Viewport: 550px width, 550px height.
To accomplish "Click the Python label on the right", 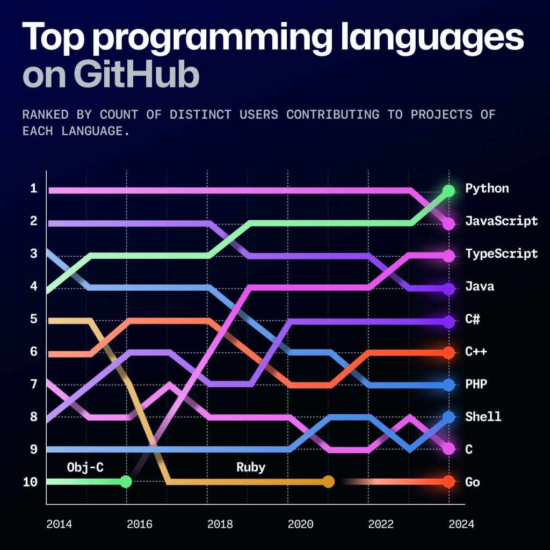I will pyautogui.click(x=487, y=189).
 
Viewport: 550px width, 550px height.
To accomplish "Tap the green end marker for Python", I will pyautogui.click(x=448, y=191).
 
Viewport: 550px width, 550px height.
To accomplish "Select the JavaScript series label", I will pyautogui.click(x=501, y=221).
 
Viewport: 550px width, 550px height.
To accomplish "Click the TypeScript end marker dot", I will pyautogui.click(x=448, y=256).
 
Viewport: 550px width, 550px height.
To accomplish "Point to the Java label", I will pyautogui.click(x=480, y=286).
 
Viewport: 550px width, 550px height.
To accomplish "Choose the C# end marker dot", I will pyautogui.click(x=448, y=322).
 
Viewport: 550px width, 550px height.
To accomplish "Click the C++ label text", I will pyautogui.click(x=476, y=352).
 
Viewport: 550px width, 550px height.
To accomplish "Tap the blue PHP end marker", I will pyautogui.click(x=448, y=385).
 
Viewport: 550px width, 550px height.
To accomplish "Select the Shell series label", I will pyautogui.click(x=483, y=417).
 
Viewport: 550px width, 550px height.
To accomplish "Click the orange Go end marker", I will pyautogui.click(x=448, y=482).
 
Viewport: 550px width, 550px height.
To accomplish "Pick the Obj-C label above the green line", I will pyautogui.click(x=85, y=467).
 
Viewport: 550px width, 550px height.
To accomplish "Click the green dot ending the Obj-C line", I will pyautogui.click(x=125, y=482).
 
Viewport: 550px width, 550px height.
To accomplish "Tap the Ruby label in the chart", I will pyautogui.click(x=251, y=467).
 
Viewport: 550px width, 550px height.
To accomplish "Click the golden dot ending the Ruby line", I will pyautogui.click(x=328, y=482).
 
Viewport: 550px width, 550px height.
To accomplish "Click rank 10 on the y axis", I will pyautogui.click(x=30, y=482).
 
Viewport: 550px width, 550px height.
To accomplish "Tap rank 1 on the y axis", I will pyautogui.click(x=33, y=189).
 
